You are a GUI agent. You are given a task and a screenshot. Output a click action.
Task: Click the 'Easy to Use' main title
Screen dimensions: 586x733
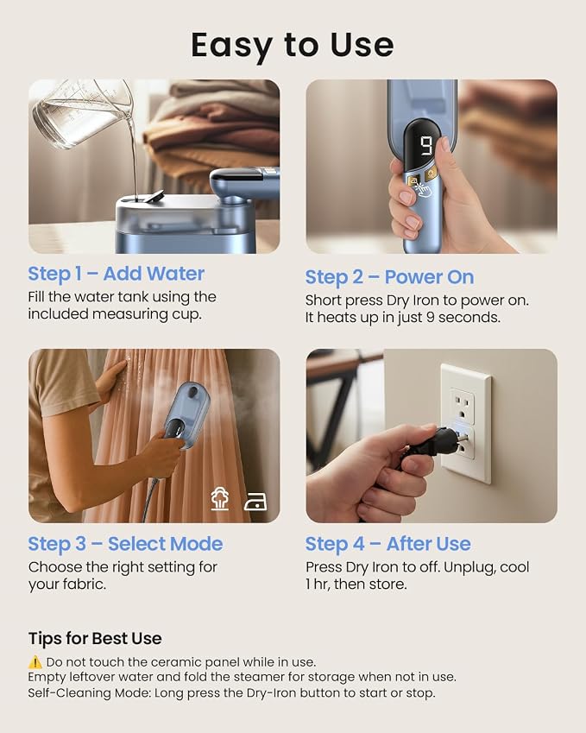pyautogui.click(x=293, y=46)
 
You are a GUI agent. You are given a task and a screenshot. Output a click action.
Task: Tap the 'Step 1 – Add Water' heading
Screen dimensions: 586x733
pyautogui.click(x=117, y=274)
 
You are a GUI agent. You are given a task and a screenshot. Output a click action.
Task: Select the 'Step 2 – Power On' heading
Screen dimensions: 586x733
pyautogui.click(x=390, y=277)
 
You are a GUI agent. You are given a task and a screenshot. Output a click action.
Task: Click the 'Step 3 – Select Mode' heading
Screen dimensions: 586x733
pyautogui.click(x=125, y=544)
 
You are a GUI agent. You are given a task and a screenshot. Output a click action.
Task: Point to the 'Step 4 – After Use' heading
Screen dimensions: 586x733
pyautogui.click(x=388, y=544)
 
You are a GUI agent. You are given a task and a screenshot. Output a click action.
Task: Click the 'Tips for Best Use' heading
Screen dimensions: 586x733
pyautogui.click(x=95, y=639)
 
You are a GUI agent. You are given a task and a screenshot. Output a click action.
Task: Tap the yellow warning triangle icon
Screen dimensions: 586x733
pyautogui.click(x=35, y=662)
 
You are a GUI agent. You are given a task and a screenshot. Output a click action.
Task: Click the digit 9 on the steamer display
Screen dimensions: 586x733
pyautogui.click(x=427, y=146)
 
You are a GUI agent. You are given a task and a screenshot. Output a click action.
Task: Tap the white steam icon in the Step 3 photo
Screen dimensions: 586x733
pyautogui.click(x=219, y=498)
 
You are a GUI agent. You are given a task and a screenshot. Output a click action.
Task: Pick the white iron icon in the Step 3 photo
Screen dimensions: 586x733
pyautogui.click(x=256, y=502)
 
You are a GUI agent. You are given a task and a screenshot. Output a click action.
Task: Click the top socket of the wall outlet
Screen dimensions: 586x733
pyautogui.click(x=463, y=408)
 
